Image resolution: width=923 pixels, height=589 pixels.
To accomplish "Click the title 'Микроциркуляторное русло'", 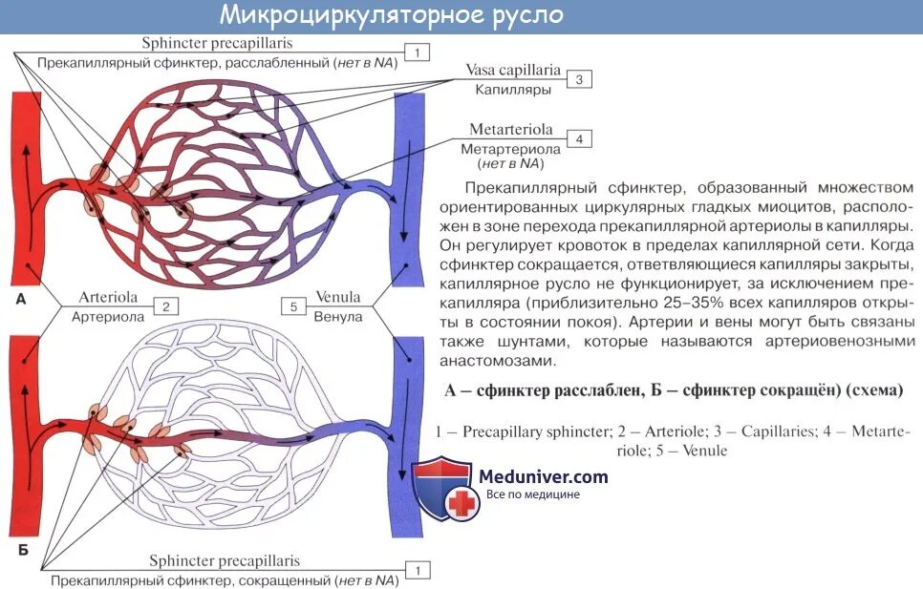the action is click(x=391, y=16).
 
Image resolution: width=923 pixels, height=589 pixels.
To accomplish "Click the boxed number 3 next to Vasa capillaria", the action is click(x=578, y=80).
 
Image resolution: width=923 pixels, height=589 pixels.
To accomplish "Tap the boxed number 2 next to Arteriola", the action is click(x=165, y=306).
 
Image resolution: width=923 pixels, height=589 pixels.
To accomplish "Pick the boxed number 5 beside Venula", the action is click(x=294, y=306).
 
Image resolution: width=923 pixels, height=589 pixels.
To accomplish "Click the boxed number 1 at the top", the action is click(x=418, y=52).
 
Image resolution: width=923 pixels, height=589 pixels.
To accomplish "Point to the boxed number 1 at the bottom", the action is click(x=418, y=570).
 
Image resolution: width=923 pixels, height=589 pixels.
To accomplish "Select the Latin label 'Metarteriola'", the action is click(x=512, y=130).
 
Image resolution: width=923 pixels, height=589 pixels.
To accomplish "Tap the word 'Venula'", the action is click(x=338, y=297).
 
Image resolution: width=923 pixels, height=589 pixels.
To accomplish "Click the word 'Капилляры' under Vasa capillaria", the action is click(x=513, y=90).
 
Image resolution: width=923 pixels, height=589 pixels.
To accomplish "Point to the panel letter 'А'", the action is click(x=21, y=300).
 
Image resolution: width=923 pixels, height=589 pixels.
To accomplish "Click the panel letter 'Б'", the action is click(x=22, y=553).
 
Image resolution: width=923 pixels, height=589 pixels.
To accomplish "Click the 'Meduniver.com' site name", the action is click(x=543, y=475).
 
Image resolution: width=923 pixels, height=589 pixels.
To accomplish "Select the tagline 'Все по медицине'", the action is click(x=533, y=494).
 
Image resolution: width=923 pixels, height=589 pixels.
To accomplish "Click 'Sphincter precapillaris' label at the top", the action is click(x=217, y=43).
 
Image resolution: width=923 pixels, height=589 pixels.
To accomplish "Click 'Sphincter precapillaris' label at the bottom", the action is click(x=225, y=561).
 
